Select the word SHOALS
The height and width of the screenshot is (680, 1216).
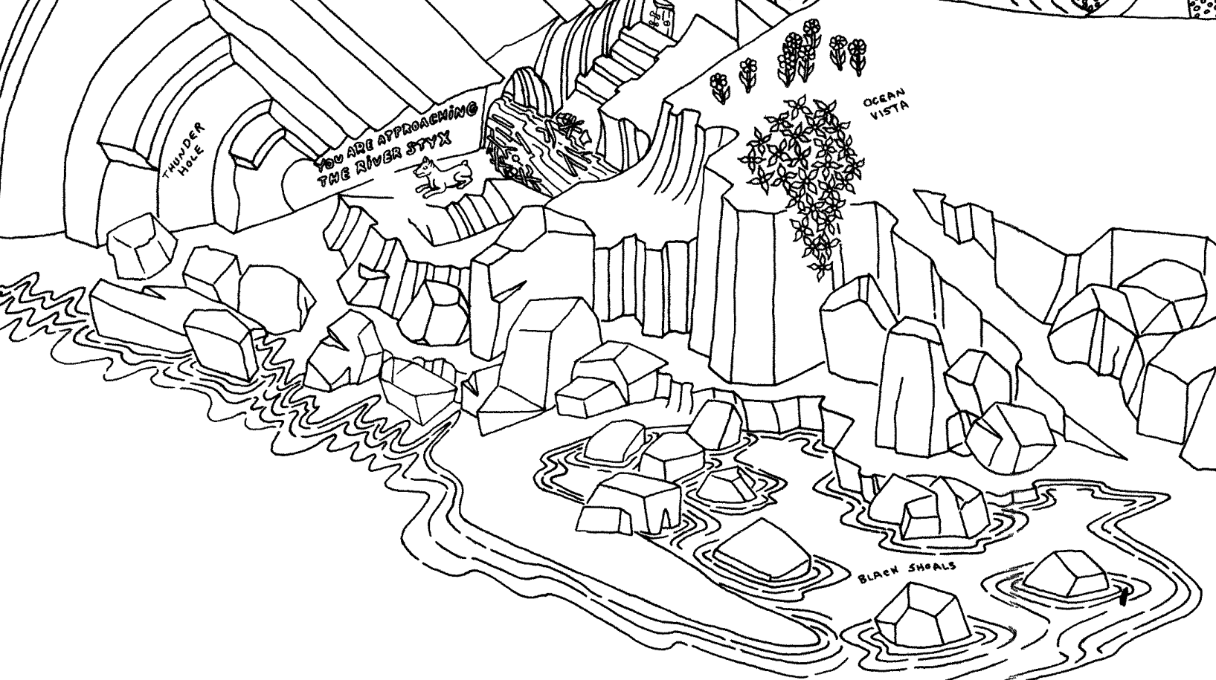click(930, 569)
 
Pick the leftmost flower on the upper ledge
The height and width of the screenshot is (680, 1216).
click(719, 85)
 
